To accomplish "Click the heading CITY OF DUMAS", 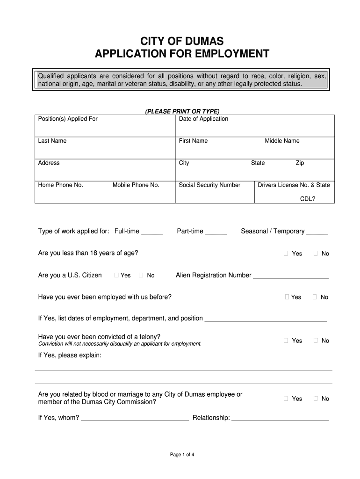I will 182,42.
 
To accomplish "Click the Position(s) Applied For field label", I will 68,119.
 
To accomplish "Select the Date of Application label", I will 203,119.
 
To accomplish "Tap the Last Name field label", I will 52,141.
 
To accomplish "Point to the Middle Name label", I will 282,141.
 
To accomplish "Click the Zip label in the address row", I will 300,163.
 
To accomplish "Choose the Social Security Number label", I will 209,185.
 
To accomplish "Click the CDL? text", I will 307,198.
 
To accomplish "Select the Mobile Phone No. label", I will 136,185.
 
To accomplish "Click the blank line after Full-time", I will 151,232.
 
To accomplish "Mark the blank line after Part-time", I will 216,232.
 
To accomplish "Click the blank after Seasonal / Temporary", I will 317,232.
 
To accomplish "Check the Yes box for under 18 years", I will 286,254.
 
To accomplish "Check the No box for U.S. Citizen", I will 141,276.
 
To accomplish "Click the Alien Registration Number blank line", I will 291,277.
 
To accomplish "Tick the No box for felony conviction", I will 316,341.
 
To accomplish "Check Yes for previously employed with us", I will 287,297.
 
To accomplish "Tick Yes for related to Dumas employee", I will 286,399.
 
